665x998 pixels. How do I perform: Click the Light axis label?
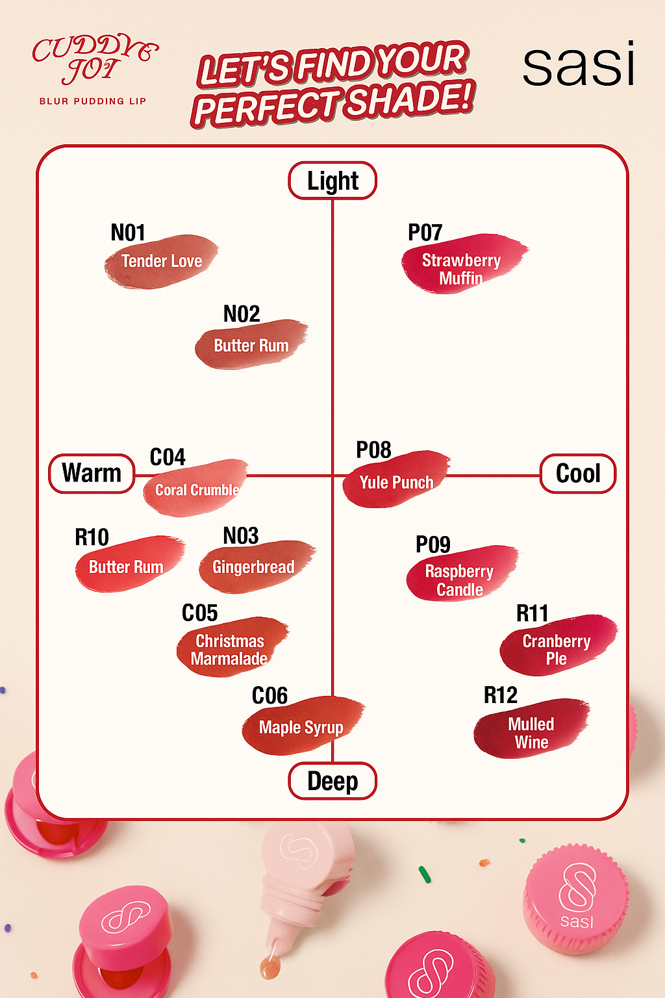[332, 181]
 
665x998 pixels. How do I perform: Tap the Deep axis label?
[332, 781]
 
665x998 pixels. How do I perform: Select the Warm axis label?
[92, 474]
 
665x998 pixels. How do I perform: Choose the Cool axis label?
[578, 474]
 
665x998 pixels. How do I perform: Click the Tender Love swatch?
[161, 261]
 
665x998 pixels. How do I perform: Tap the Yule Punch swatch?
[396, 480]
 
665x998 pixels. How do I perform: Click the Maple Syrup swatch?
[301, 726]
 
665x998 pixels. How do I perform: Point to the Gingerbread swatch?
[255, 567]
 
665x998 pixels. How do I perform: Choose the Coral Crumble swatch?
[196, 489]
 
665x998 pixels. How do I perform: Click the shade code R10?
[92, 537]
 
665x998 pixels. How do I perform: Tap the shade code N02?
[242, 314]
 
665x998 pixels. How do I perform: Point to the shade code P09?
[433, 544]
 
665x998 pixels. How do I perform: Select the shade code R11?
[533, 613]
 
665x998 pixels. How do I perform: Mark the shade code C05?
[199, 613]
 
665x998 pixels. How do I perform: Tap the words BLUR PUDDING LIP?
[93, 101]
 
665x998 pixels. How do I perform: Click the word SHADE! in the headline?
[408, 101]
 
